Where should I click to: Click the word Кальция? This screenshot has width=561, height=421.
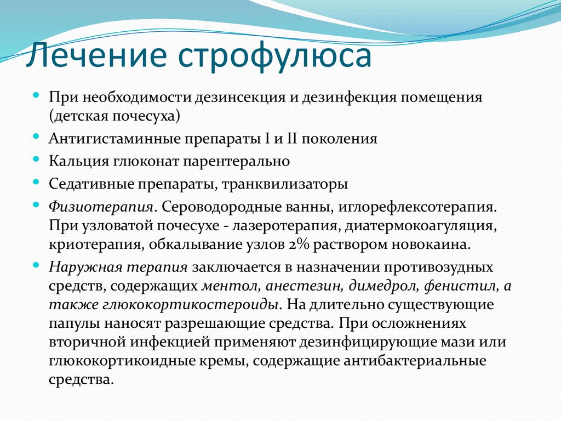pos(75,162)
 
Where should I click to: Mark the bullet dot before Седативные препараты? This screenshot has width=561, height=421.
pos(36,180)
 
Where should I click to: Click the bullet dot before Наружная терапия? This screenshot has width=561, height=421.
pos(36,264)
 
